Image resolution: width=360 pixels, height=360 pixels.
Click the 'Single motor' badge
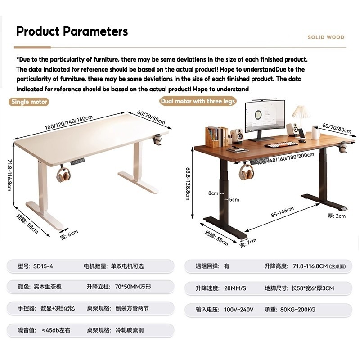pyautogui.click(x=29, y=102)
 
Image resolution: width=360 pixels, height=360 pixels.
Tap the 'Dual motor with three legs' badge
pyautogui.click(x=198, y=101)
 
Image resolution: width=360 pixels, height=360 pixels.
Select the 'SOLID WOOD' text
pyautogui.click(x=326, y=37)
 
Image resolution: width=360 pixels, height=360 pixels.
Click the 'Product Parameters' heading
pyautogui.click(x=72, y=31)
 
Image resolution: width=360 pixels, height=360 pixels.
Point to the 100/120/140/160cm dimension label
pyautogui.click(x=69, y=122)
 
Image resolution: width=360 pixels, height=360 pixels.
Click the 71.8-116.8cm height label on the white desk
pyautogui.click(x=9, y=175)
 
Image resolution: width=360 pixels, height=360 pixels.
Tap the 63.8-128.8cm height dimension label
pyautogui.click(x=188, y=184)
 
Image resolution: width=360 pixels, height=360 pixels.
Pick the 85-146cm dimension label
pyautogui.click(x=283, y=211)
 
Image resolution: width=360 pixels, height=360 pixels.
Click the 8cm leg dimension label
pyautogui.click(x=213, y=193)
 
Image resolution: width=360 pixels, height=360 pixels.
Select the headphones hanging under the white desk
pyautogui.click(x=63, y=175)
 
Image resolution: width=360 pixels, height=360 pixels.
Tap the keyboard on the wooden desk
pyautogui.click(x=281, y=144)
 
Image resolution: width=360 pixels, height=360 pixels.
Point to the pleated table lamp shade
pyautogui.click(x=301, y=112)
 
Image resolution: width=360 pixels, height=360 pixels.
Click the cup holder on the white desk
pyautogui.click(x=157, y=139)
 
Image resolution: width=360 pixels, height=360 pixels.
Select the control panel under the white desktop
pyautogui.click(x=77, y=162)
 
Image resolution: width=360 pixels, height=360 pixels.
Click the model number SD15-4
pyautogui.click(x=43, y=266)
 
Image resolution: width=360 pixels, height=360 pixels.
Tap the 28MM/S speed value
pyautogui.click(x=235, y=288)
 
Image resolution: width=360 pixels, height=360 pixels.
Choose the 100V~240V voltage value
pyautogui.click(x=238, y=310)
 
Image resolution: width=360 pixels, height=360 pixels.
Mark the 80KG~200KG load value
pyautogui.click(x=297, y=310)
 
